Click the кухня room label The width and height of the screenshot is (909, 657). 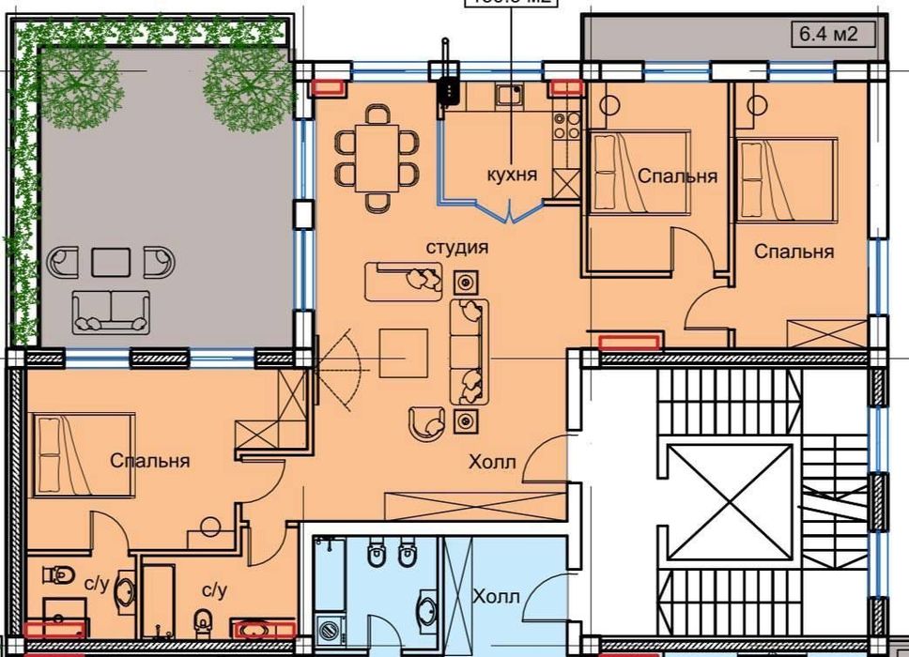(x=512, y=175)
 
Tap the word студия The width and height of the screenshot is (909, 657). (x=457, y=248)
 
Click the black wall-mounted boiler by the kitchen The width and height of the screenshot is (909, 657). (x=448, y=92)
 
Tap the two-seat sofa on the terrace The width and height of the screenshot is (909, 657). (x=112, y=311)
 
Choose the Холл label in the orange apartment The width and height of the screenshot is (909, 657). (x=493, y=462)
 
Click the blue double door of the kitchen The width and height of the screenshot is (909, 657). (x=509, y=214)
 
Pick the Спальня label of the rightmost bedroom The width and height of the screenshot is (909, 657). (x=793, y=252)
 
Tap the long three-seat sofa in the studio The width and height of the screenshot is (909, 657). (x=470, y=353)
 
